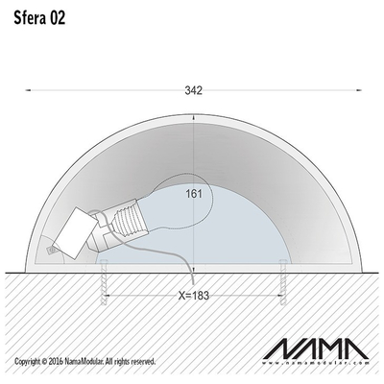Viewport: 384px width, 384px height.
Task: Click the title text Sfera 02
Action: click(x=39, y=18)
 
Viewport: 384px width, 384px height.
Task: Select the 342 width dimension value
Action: click(x=194, y=90)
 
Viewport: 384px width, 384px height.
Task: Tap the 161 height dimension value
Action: click(x=194, y=194)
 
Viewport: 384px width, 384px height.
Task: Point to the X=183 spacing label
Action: click(x=194, y=296)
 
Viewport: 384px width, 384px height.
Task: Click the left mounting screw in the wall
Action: click(x=104, y=282)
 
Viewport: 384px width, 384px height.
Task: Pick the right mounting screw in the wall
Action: click(x=283, y=282)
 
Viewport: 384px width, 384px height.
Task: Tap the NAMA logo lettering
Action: click(x=316, y=349)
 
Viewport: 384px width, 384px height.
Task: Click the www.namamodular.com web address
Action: click(x=316, y=363)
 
